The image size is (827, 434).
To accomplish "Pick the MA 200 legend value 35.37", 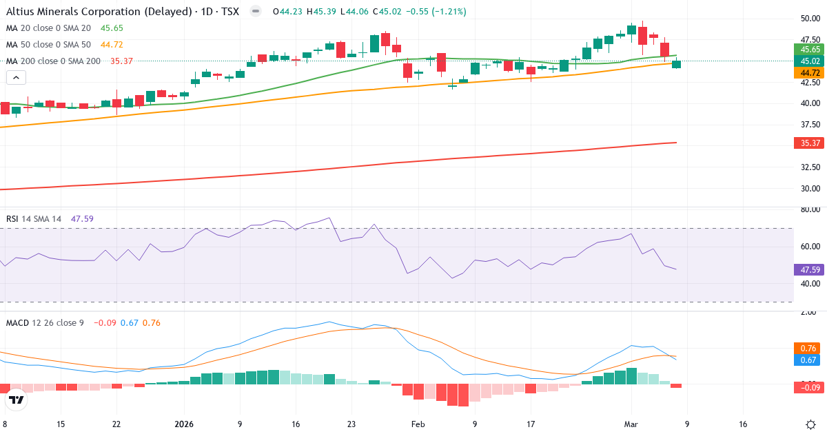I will click(121, 61).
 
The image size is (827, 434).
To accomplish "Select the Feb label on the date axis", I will click(418, 424).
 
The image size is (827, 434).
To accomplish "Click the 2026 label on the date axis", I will click(184, 424).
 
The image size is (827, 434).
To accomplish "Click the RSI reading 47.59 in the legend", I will click(82, 219).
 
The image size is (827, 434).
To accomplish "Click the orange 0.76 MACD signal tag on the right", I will click(810, 348).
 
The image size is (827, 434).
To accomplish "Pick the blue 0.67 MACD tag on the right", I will click(810, 360).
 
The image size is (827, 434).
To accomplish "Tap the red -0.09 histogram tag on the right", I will click(808, 388).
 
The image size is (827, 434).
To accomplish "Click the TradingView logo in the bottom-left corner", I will click(17, 399).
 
